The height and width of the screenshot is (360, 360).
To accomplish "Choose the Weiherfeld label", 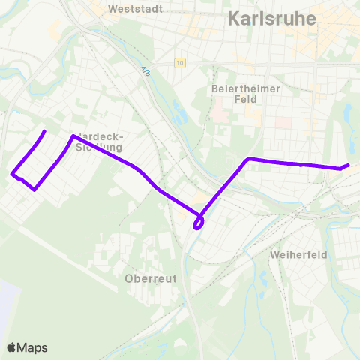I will (x=298, y=255).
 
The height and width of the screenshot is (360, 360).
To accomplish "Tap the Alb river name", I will (x=145, y=72).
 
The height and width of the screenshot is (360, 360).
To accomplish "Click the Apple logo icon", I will (x=12, y=347).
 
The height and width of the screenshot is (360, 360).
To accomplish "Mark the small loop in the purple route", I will (x=199, y=223).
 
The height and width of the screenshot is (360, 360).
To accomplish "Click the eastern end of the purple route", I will (x=349, y=165).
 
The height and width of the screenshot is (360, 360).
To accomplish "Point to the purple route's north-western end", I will (x=45, y=132).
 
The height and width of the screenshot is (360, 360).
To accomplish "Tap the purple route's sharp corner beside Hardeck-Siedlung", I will (x=72, y=136).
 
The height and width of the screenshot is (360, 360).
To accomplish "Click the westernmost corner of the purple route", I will (x=13, y=175).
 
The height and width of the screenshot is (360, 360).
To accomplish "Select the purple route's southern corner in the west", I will (x=35, y=190).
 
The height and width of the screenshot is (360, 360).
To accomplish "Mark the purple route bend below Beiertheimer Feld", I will (x=248, y=159).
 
